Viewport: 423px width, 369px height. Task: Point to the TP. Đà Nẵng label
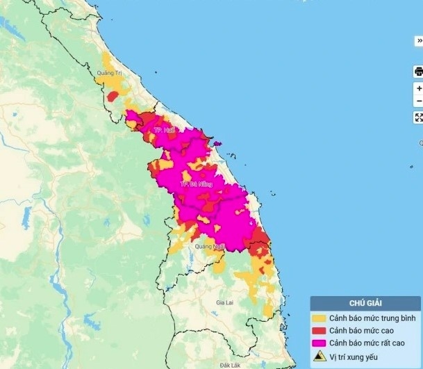pyautogui.click(x=195, y=184)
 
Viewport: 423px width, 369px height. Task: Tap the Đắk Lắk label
pyautogui.click(x=229, y=364)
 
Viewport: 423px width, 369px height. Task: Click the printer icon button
pyautogui.click(x=418, y=71)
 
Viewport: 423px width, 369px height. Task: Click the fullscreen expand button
pyautogui.click(x=418, y=117)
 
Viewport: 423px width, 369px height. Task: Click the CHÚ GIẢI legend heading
pyautogui.click(x=365, y=303)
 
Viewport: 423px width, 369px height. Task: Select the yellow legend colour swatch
pyautogui.click(x=320, y=318)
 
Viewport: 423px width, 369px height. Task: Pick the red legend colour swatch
pyautogui.click(x=320, y=330)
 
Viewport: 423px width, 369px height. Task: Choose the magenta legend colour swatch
pyautogui.click(x=320, y=343)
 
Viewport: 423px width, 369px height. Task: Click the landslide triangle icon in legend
pyautogui.click(x=320, y=356)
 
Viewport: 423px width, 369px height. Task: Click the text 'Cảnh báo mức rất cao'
pyautogui.click(x=366, y=343)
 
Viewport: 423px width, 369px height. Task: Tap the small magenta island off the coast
pyautogui.click(x=217, y=144)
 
